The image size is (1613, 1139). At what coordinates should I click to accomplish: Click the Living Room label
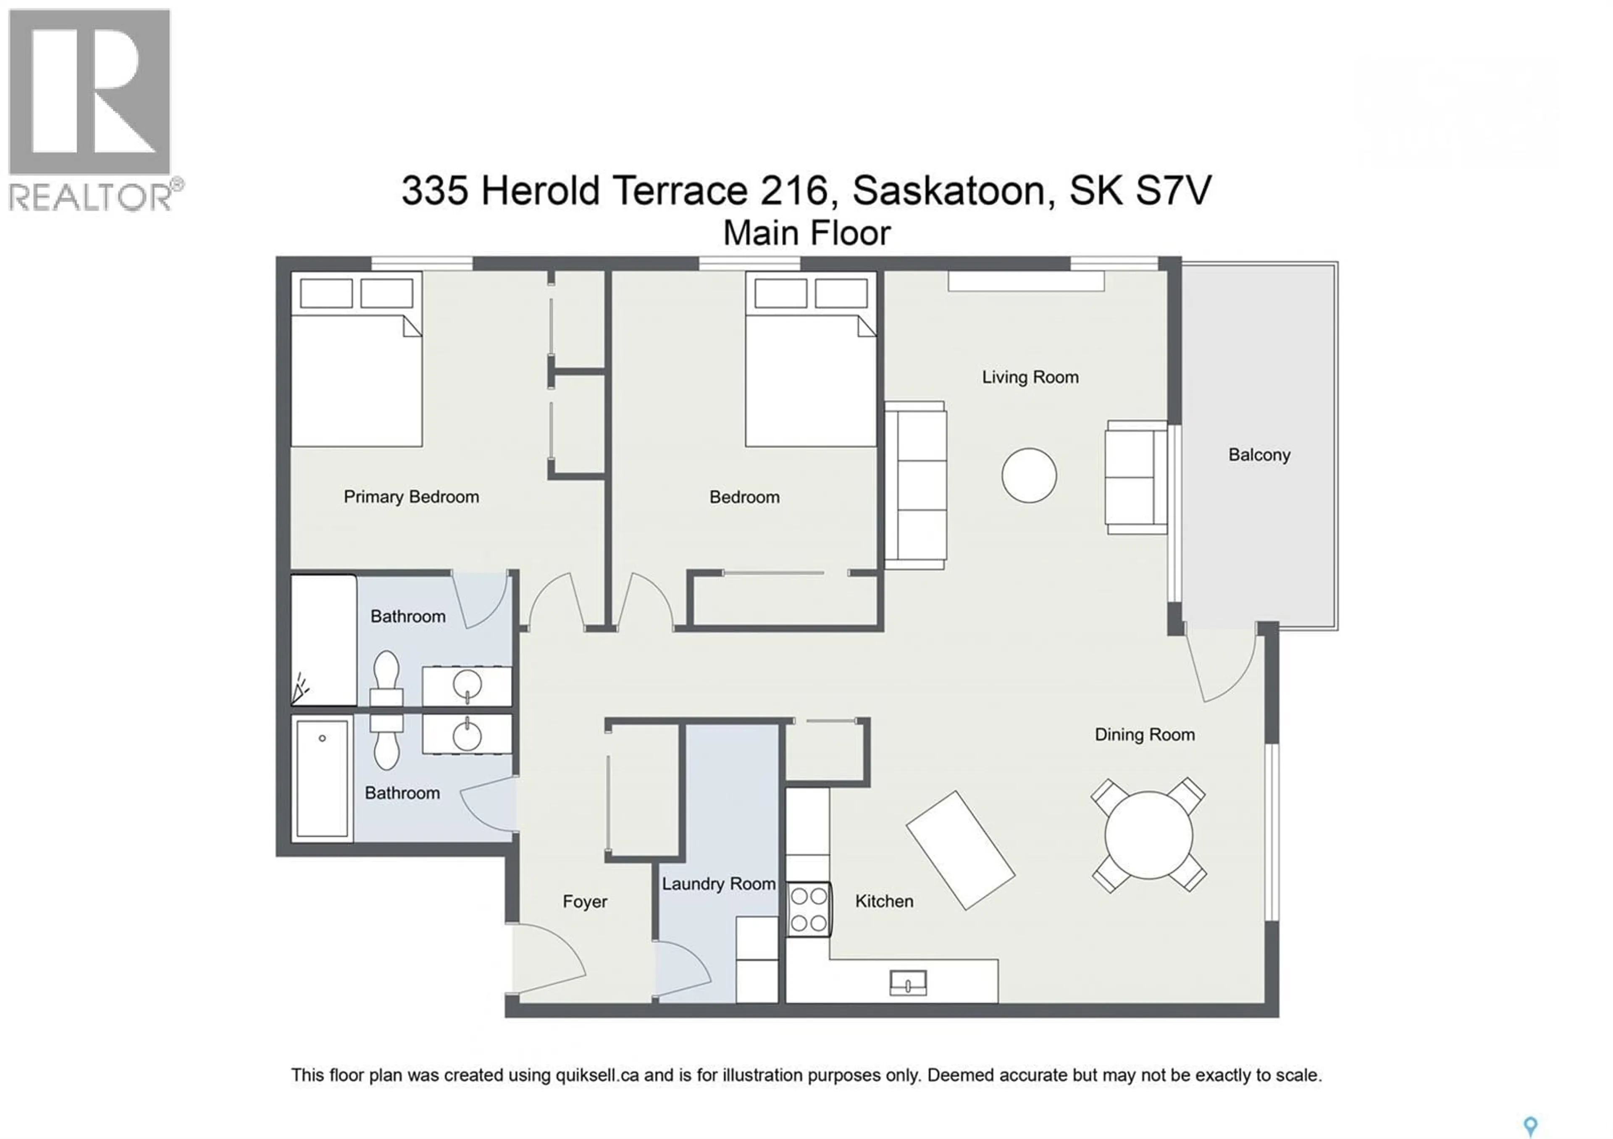(1030, 377)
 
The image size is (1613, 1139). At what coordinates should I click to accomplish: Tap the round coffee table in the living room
(1029, 475)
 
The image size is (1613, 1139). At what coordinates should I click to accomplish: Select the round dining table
(1148, 835)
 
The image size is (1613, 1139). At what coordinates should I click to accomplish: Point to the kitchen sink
(908, 983)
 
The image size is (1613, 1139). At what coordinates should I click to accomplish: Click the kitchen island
(960, 850)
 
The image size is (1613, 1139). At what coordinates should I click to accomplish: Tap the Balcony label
(1259, 455)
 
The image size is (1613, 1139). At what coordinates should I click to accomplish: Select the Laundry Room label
(718, 883)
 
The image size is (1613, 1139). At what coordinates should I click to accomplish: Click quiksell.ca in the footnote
(597, 1075)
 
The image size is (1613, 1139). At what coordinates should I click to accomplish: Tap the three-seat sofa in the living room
(915, 485)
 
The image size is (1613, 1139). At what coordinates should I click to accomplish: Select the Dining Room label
(1144, 735)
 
